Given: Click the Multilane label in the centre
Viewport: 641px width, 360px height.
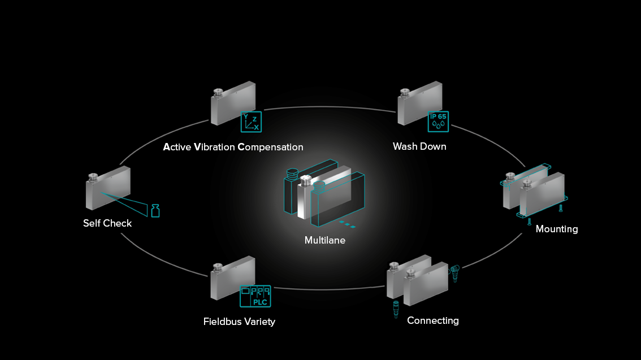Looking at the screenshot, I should click(x=324, y=240).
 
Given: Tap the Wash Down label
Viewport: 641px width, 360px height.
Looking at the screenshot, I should click(x=419, y=146).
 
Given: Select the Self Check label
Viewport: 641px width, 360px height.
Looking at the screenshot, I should click(x=107, y=223).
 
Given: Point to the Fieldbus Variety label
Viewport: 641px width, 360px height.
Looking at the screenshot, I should click(x=239, y=322).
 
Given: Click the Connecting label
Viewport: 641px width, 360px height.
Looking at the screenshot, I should click(x=432, y=320).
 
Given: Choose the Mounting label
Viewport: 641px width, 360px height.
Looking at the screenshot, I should click(x=556, y=229).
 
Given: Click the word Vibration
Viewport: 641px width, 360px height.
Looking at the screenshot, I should click(x=214, y=147).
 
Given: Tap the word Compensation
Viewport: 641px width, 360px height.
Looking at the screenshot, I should click(x=270, y=147).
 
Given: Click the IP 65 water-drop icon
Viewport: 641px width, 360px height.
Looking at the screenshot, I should click(x=438, y=121).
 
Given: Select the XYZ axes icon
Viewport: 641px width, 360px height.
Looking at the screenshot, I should click(x=251, y=122).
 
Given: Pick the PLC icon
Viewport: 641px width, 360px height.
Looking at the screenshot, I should click(x=255, y=296).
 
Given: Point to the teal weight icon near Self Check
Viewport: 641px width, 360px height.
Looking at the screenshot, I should click(x=155, y=211).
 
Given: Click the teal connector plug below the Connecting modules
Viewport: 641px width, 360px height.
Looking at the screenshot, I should click(x=396, y=310).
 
